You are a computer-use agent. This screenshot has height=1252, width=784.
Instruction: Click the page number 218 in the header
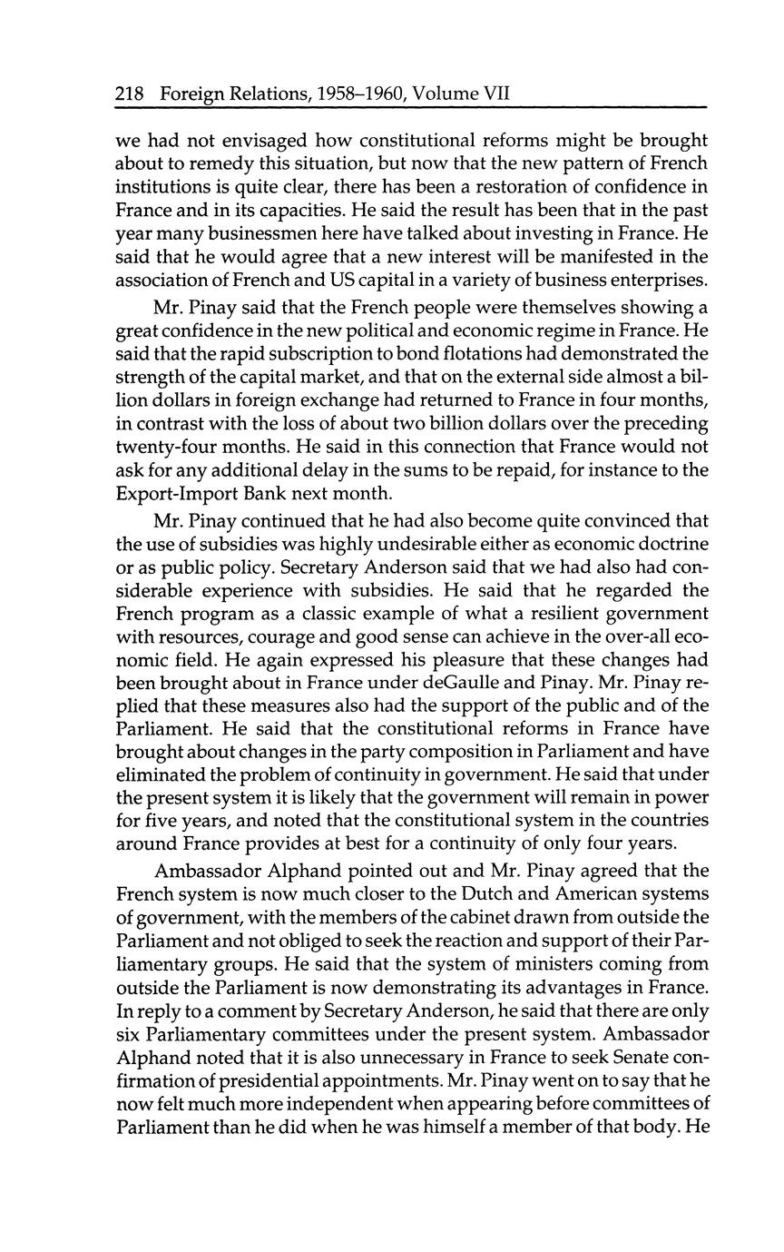pyautogui.click(x=132, y=94)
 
